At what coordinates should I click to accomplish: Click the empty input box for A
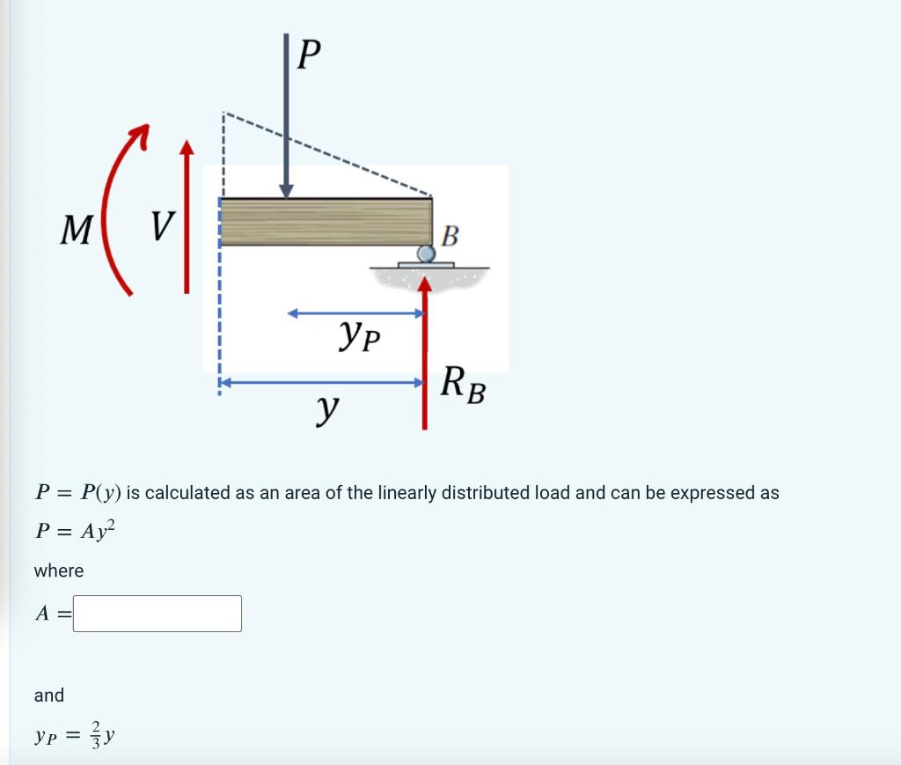coord(157,614)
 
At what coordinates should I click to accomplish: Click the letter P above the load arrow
coord(309,55)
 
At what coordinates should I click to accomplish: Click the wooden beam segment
coord(326,221)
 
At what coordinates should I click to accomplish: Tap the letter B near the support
coord(449,236)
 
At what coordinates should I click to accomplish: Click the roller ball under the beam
coord(426,254)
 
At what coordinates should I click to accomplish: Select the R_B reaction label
coord(463,385)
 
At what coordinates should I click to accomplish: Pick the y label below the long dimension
coord(327,408)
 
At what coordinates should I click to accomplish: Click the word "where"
coord(59,570)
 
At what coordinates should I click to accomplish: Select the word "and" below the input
coord(49,695)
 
